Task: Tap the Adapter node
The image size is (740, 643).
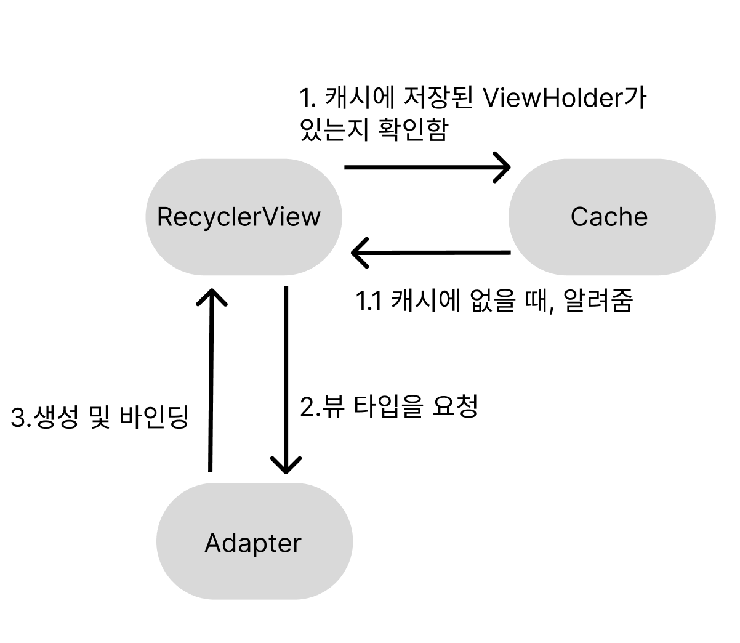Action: (254, 542)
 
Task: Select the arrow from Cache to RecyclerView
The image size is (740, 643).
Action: (430, 253)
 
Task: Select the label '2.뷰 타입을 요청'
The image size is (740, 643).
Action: (388, 406)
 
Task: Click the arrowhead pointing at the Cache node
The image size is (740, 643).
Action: (504, 167)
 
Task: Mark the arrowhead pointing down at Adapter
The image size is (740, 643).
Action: (286, 466)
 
